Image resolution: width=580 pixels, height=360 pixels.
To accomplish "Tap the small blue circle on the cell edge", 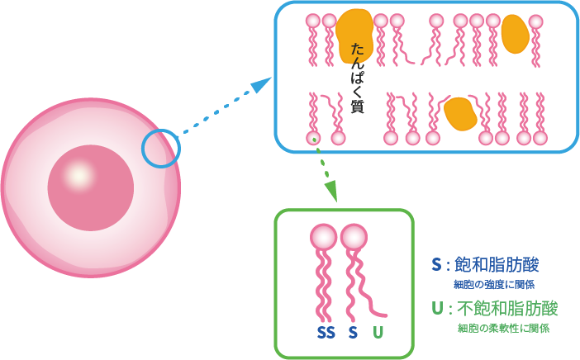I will tap(161, 149).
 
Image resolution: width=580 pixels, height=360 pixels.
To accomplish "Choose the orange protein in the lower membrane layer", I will tap(459, 114).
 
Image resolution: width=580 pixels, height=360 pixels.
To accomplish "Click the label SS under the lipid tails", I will tap(326, 334).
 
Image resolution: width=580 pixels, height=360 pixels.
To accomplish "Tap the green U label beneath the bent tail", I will tap(378, 334).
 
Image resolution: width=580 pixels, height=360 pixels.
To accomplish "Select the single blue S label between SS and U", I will tap(353, 334).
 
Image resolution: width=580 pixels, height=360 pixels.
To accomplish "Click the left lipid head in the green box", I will tap(324, 238).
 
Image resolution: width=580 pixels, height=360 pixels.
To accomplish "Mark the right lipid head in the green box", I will tap(354, 238).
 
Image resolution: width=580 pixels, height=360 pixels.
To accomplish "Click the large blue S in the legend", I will tap(436, 266).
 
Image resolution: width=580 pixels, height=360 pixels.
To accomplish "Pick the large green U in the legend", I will tap(437, 310).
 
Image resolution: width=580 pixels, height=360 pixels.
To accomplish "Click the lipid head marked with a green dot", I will tap(314, 138).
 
